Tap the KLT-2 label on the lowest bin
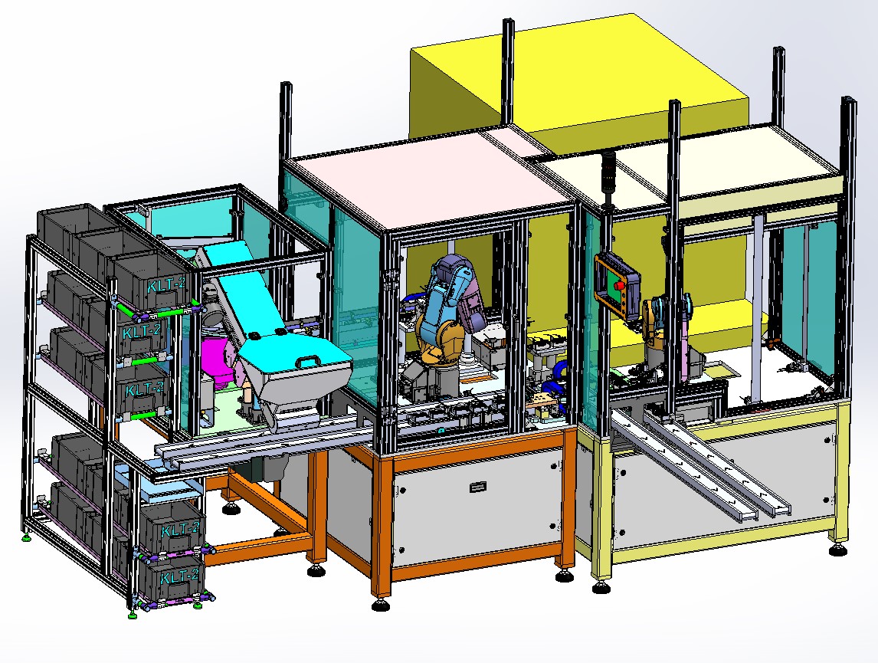click(183, 576)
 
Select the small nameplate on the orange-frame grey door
click(479, 485)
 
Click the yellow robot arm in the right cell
click(657, 323)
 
